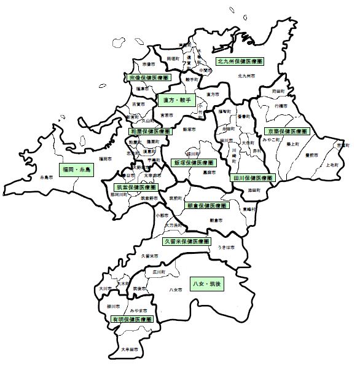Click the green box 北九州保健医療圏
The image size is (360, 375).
coord(240,62)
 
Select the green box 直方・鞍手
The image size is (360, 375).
coord(175,99)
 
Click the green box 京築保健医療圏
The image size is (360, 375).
coord(287,131)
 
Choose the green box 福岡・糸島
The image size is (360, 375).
coord(76,167)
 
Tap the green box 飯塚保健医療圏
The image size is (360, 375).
coord(194,164)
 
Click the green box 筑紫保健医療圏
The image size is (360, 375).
coord(136,187)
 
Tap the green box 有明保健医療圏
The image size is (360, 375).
coord(131,320)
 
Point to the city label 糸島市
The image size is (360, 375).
coord(46,177)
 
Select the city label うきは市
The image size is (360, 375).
coord(225,247)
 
